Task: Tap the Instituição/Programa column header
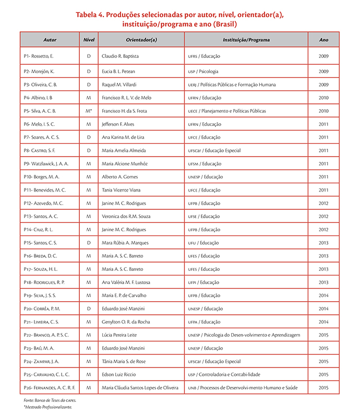(245, 40)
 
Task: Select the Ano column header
(323, 40)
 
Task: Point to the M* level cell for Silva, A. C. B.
(89, 111)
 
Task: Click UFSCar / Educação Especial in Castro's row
(214, 150)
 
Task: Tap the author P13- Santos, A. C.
(41, 217)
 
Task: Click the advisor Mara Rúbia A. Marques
(125, 243)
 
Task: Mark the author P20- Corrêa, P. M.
(42, 309)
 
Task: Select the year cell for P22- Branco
(323, 335)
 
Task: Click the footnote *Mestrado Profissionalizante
(47, 407)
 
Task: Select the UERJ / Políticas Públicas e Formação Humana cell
(238, 85)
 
